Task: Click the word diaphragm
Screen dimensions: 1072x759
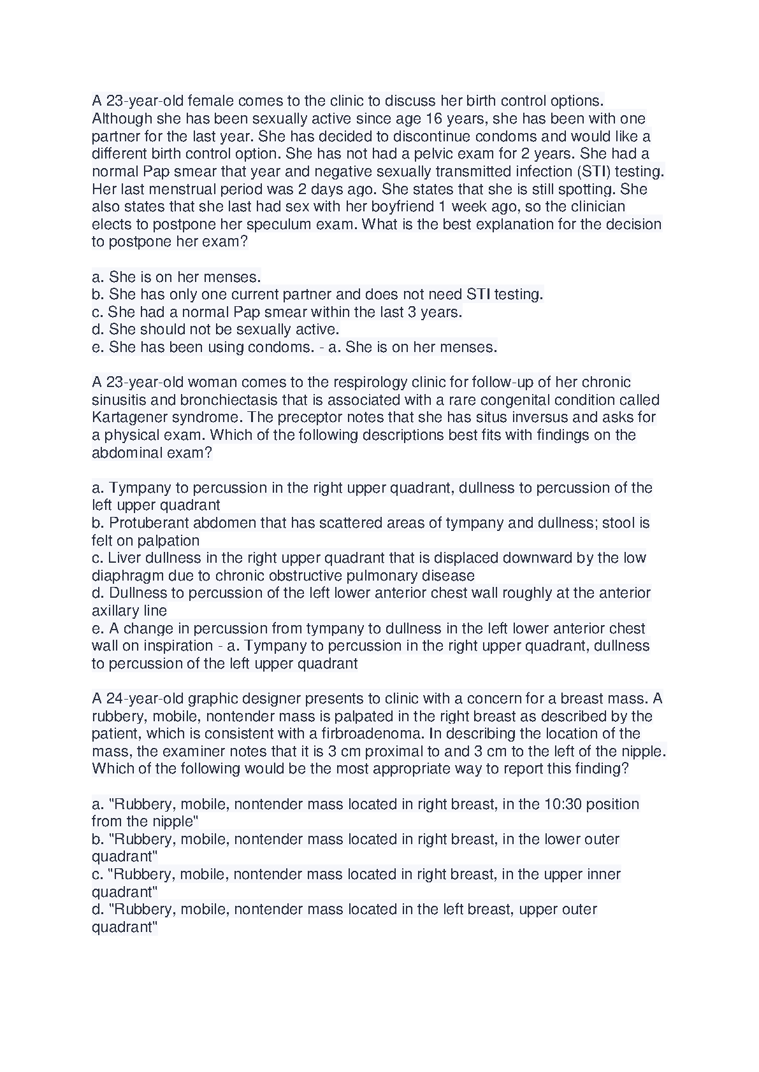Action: (x=123, y=575)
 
